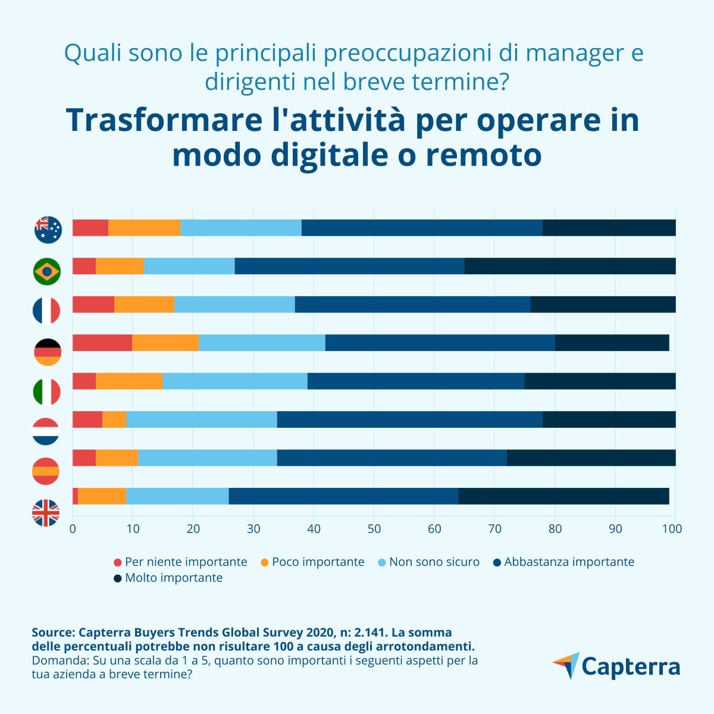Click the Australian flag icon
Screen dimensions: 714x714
click(48, 230)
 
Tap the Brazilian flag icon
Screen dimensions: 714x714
click(47, 271)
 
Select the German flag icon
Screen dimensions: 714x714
click(47, 352)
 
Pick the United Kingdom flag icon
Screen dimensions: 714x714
click(46, 513)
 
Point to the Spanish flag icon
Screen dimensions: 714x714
click(46, 471)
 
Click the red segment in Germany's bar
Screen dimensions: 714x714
click(102, 343)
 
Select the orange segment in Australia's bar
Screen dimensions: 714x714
click(145, 228)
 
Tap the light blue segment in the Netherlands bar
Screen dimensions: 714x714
click(202, 419)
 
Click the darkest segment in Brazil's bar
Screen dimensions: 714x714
click(570, 266)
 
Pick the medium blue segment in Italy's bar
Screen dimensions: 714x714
click(416, 381)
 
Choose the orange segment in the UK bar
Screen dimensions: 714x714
click(102, 496)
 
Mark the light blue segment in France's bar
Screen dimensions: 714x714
click(235, 304)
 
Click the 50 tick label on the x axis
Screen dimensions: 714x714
click(374, 528)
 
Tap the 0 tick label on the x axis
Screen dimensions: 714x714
click(73, 528)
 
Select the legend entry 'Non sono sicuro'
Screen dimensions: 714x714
click(434, 562)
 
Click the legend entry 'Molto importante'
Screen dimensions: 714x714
click(173, 578)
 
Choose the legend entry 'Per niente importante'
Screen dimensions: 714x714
click(186, 562)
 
